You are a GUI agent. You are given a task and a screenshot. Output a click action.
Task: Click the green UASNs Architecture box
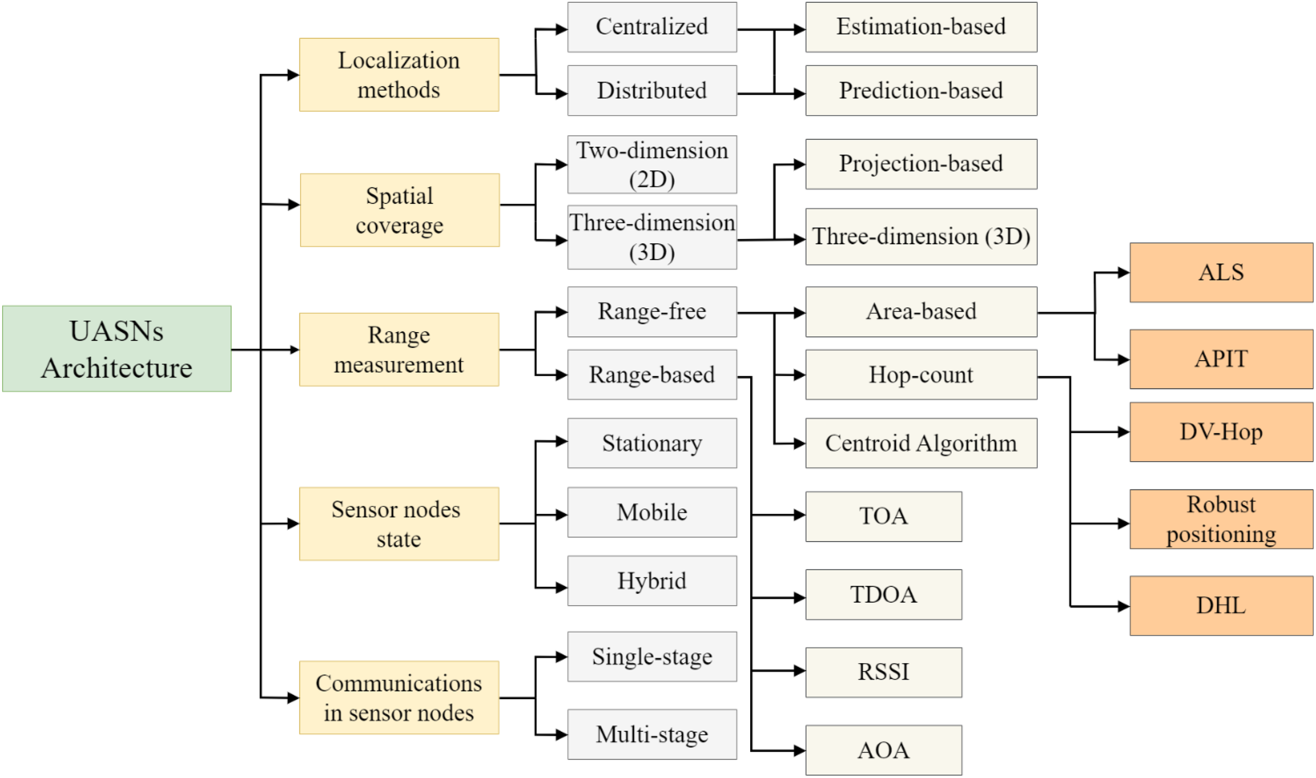[116, 348]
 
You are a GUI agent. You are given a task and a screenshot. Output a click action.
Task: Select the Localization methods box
[399, 75]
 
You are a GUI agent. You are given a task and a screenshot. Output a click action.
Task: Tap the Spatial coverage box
[400, 210]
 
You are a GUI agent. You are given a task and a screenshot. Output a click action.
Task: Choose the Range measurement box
[399, 350]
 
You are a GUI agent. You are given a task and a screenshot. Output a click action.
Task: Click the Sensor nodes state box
[399, 524]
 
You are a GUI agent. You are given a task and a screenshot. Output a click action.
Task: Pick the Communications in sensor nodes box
[399, 697]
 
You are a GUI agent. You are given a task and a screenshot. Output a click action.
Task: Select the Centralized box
[652, 27]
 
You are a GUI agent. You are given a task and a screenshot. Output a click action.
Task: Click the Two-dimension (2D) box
[652, 165]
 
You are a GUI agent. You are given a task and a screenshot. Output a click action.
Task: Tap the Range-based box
[652, 375]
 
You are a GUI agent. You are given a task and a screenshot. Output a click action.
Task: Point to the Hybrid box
[652, 581]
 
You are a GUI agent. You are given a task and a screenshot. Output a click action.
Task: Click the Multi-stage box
[652, 734]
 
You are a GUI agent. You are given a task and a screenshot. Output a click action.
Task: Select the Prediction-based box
[921, 91]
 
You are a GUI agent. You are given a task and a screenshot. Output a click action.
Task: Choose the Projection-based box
[921, 164]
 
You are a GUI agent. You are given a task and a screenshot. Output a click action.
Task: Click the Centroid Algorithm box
[921, 443]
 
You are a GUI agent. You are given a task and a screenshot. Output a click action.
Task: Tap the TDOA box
[883, 595]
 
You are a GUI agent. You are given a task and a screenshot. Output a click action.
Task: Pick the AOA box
[883, 750]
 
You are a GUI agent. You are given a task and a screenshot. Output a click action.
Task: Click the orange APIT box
[1221, 359]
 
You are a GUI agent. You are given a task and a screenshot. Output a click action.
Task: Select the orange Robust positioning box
[1221, 520]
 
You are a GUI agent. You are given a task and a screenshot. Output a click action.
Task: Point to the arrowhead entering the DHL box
[1124, 606]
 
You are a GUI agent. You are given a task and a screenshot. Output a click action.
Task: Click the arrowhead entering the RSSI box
[800, 671]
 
